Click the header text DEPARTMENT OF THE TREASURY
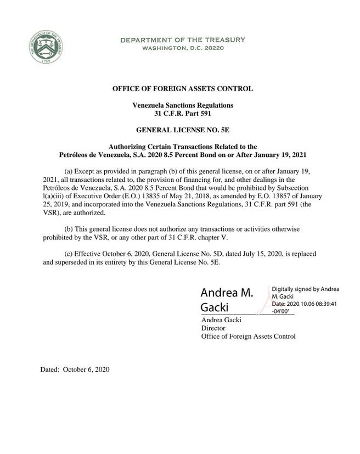(x=183, y=40)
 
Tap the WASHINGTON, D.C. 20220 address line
(x=183, y=48)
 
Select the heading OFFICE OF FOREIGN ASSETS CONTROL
(x=183, y=88)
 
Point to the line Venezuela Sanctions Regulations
(x=183, y=105)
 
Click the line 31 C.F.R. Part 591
(x=183, y=114)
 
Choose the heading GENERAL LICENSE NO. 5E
(x=183, y=130)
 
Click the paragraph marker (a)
(x=70, y=162)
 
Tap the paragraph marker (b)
(x=70, y=228)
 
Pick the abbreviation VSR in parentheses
(x=51, y=212)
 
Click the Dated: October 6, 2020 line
(x=75, y=369)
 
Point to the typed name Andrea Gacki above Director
(x=221, y=320)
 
